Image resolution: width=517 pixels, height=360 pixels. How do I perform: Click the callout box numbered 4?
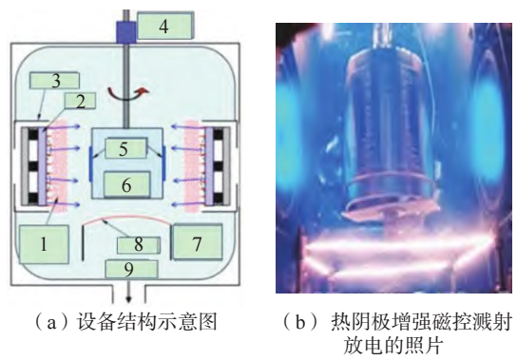165,26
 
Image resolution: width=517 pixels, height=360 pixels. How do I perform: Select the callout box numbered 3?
55,81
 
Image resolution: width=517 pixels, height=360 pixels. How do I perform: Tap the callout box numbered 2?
80,101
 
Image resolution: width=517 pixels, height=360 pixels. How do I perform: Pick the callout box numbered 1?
44,244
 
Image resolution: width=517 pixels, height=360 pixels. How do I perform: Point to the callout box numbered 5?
125,148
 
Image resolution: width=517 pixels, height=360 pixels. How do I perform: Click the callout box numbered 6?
127,184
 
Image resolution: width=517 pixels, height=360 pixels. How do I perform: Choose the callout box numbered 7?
197,242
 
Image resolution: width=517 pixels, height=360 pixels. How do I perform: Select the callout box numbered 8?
139,245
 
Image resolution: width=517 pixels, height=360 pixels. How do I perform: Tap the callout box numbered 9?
131,269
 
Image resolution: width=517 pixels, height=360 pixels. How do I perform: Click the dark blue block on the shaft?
126,32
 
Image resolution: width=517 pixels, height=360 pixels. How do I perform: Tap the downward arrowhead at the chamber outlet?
128,299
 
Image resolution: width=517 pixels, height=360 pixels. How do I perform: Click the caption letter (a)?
51,322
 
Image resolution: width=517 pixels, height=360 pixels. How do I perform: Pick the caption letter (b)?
300,322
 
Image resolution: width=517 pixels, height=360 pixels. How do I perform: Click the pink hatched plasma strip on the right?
195,166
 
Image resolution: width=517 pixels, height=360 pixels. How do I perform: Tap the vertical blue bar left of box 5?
90,163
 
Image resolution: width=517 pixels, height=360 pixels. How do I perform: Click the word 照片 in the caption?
426,346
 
